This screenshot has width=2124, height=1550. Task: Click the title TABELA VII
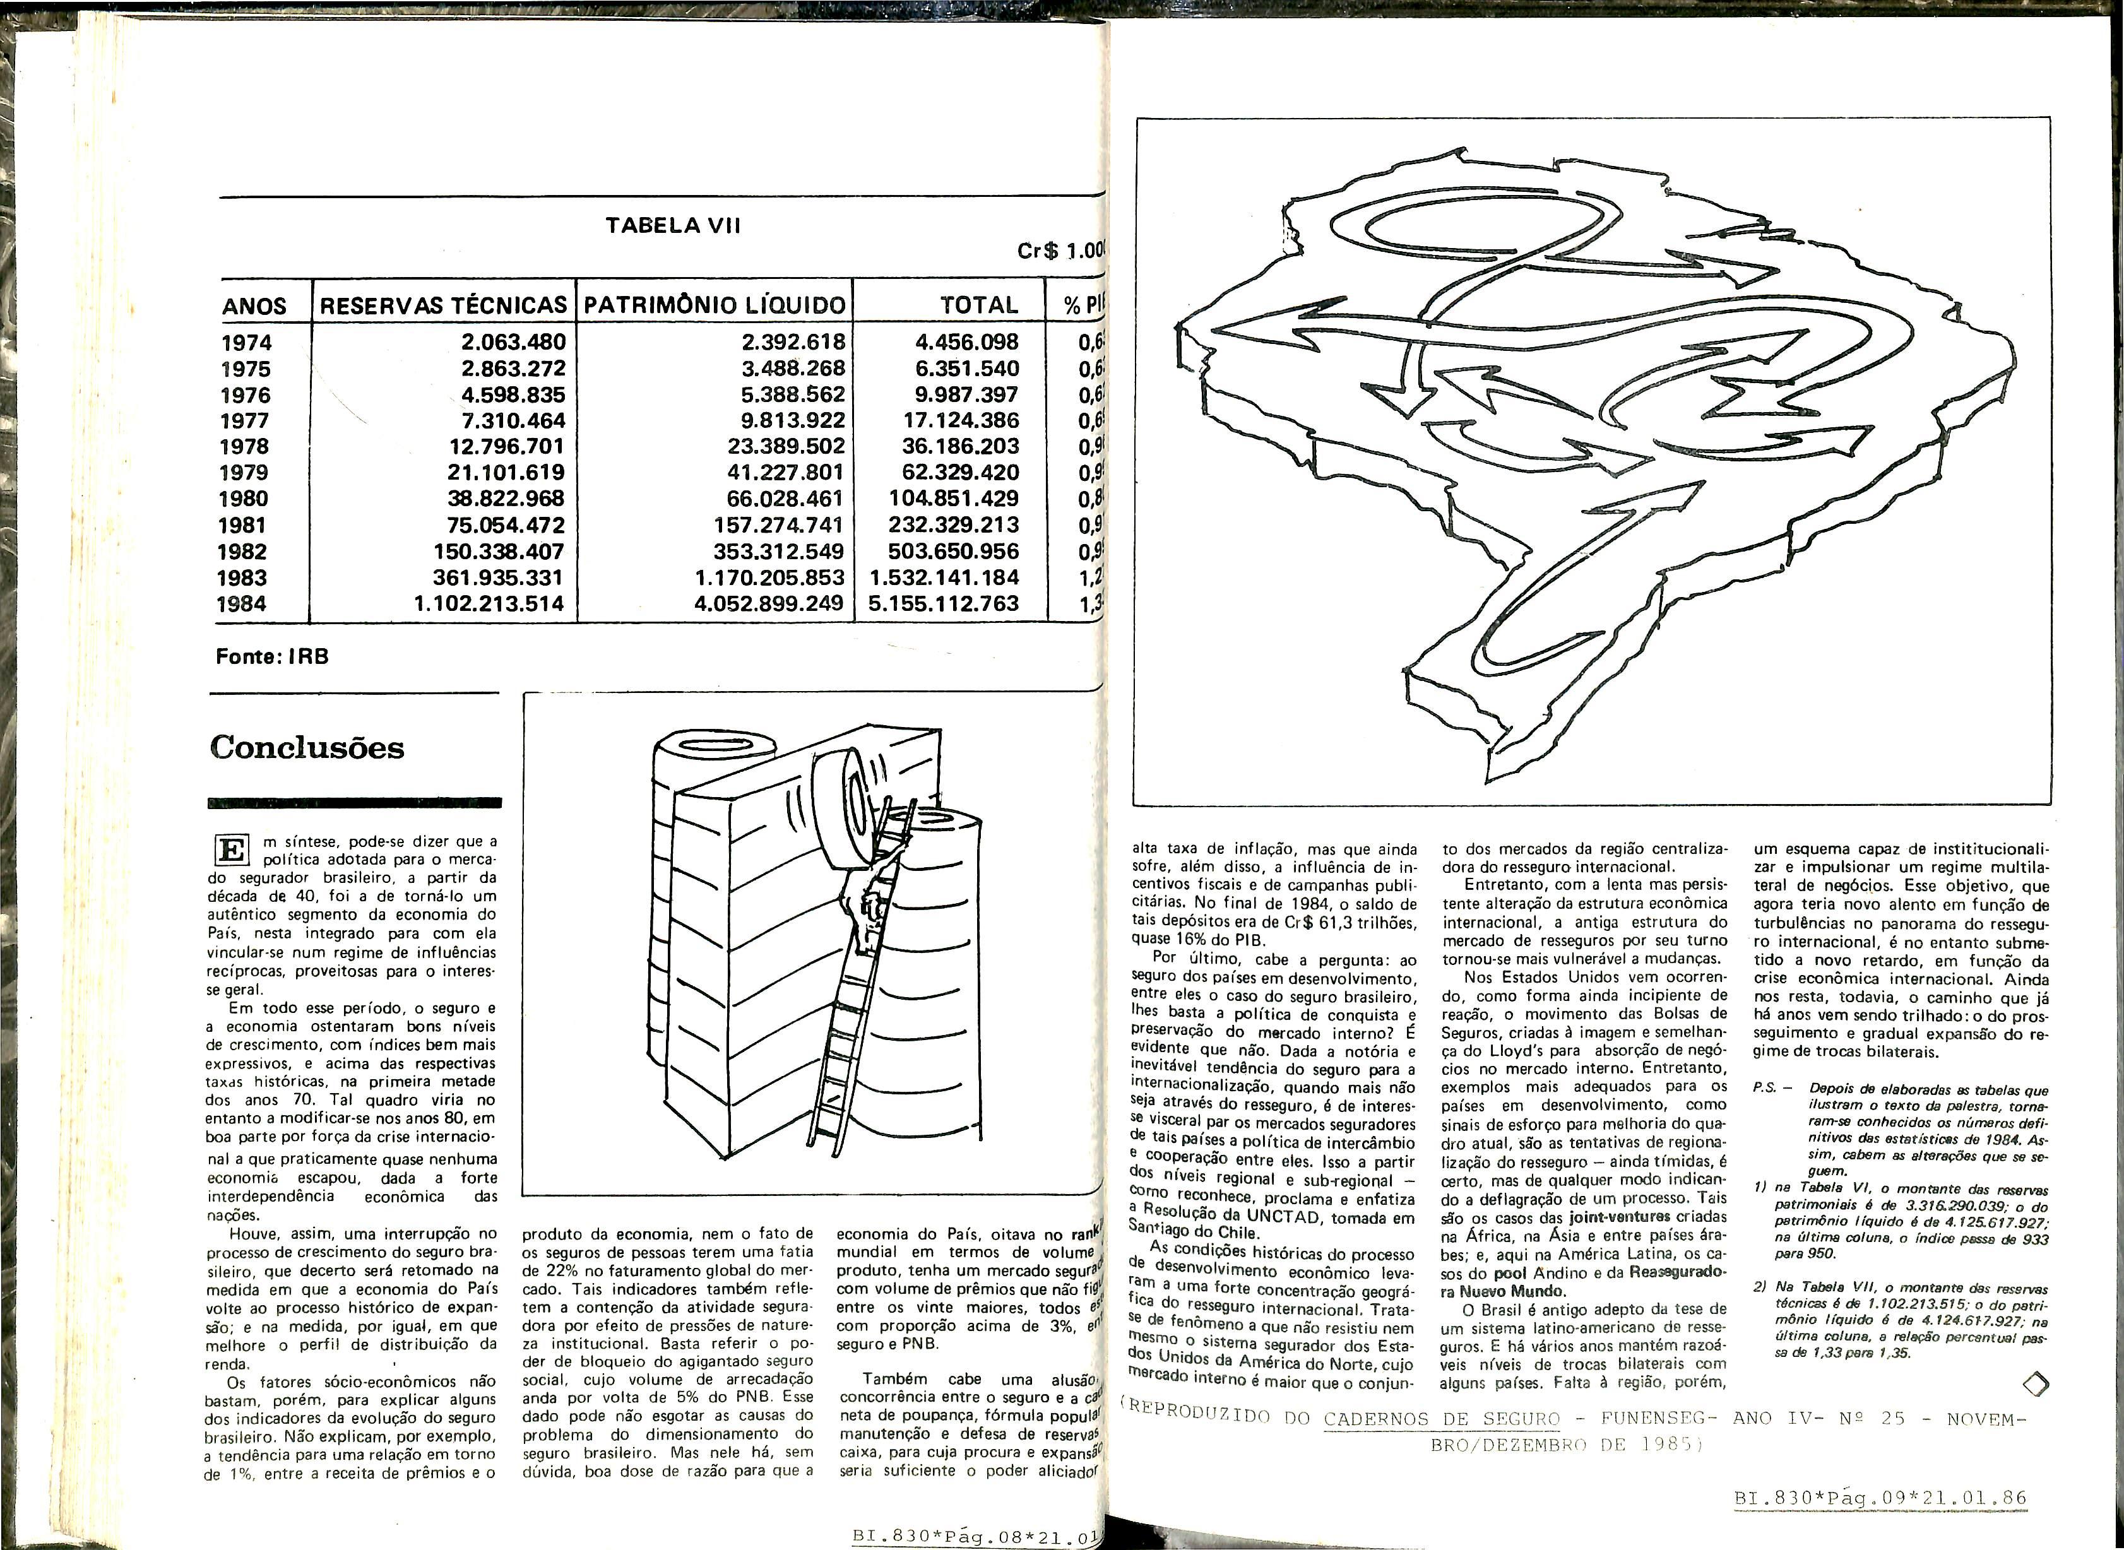[x=673, y=226]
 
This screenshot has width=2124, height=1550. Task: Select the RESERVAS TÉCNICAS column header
[x=444, y=305]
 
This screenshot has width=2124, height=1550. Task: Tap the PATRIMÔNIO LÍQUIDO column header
[x=715, y=305]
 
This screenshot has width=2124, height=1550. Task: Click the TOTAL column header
[x=978, y=305]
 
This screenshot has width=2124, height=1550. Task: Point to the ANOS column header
[x=254, y=306]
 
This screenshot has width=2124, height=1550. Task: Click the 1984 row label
[x=242, y=604]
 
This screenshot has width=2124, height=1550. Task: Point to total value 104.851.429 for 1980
[x=953, y=499]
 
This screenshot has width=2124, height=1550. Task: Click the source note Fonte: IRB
[x=272, y=657]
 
